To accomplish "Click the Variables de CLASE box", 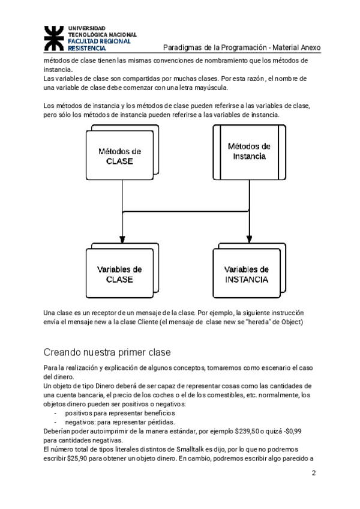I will pyautogui.click(x=119, y=274).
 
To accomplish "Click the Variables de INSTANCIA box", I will pyautogui.click(x=247, y=274).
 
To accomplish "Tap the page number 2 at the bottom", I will pyautogui.click(x=313, y=473).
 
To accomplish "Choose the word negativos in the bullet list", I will pyautogui.click(x=80, y=421).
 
